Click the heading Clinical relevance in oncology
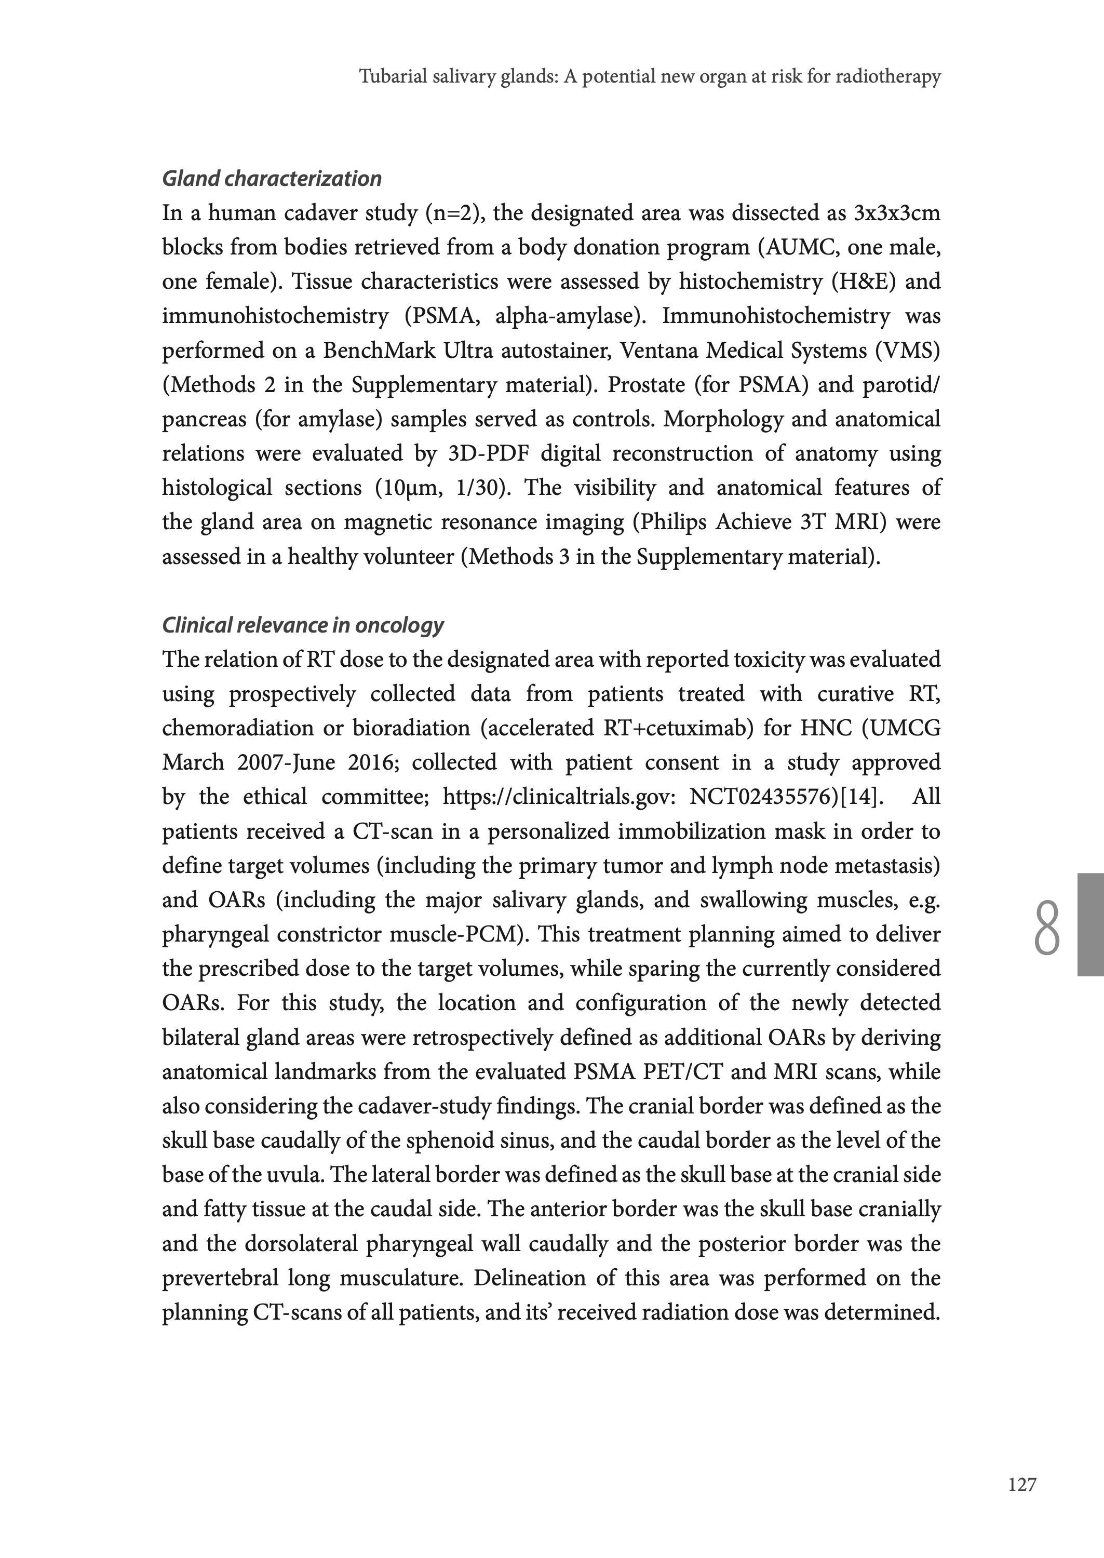pos(303,625)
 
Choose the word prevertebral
pos(220,1278)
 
